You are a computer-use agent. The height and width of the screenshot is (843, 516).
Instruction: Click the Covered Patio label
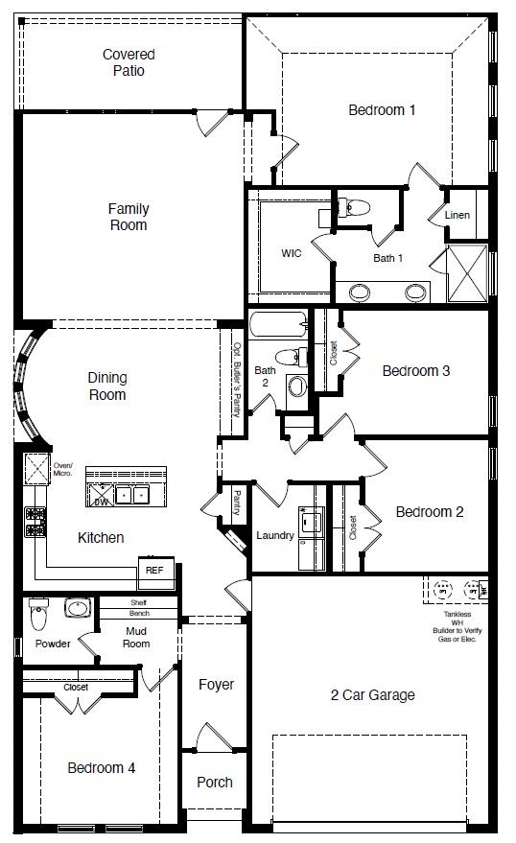tap(129, 62)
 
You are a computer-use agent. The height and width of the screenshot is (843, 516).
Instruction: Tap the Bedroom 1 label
tap(382, 110)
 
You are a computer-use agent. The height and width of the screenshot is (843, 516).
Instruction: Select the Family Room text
tap(128, 217)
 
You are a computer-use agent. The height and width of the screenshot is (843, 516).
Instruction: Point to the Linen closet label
tap(457, 215)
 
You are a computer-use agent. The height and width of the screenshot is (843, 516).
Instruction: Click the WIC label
tap(292, 254)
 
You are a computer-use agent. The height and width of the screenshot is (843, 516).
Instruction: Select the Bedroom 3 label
tap(416, 371)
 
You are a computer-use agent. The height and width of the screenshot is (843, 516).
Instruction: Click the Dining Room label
tap(106, 386)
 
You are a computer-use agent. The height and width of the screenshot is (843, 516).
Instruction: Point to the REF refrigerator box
tap(153, 570)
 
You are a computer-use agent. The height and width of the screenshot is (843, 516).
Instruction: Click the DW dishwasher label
tap(100, 501)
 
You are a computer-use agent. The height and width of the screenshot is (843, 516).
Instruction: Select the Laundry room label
tap(275, 535)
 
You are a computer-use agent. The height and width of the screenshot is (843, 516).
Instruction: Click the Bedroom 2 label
tap(430, 512)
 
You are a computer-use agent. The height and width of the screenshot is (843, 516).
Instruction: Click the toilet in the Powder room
tap(37, 608)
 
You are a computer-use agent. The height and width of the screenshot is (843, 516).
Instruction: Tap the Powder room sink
tap(77, 608)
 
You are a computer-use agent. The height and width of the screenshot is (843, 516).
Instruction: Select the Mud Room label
tap(136, 637)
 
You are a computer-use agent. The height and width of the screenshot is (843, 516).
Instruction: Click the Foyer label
tap(216, 685)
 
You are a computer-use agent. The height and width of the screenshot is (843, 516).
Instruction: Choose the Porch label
tap(215, 782)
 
